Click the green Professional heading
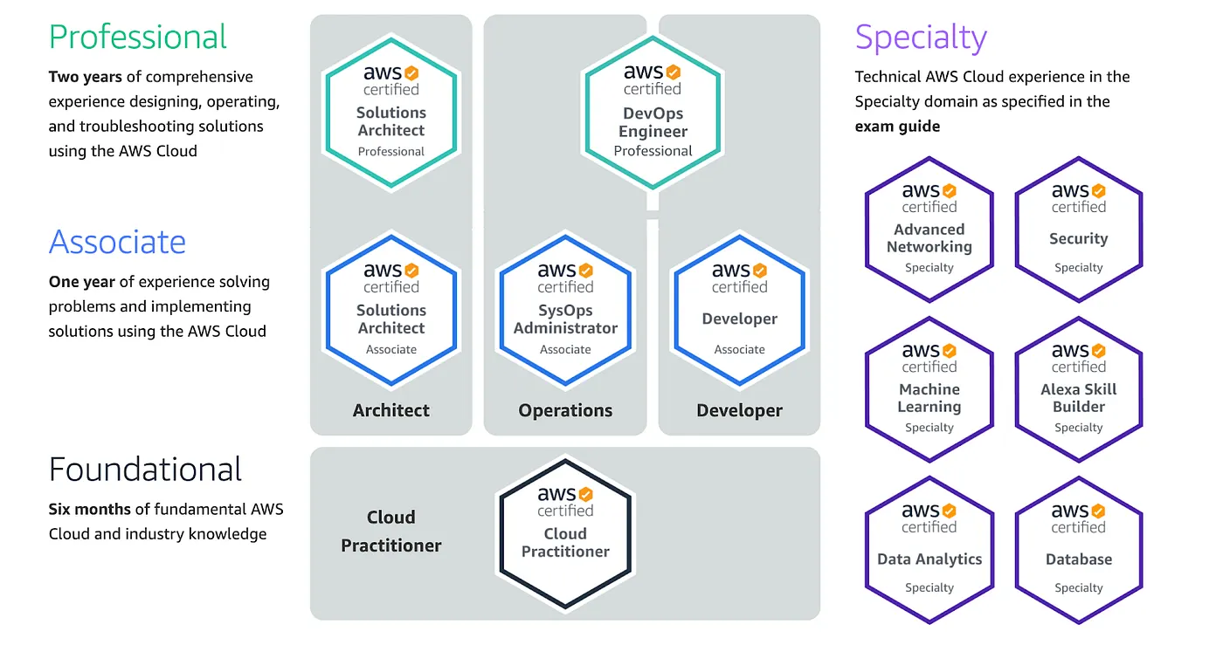138,37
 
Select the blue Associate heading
117,242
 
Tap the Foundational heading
145,470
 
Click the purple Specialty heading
921,38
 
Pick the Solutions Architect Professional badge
390,113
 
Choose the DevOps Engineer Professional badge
653,113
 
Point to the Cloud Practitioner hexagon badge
565,532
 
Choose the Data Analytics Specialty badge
929,550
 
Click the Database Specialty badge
1078,550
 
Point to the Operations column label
565,410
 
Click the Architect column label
390,410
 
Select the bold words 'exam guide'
897,127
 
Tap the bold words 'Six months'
89,509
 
